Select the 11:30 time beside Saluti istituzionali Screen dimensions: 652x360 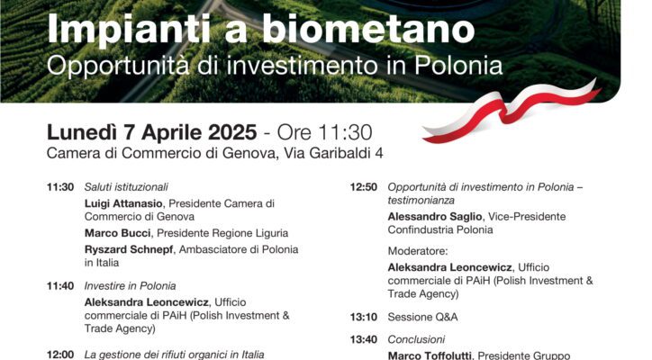pyautogui.click(x=60, y=187)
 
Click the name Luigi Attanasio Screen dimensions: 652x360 pyautogui.click(x=123, y=203)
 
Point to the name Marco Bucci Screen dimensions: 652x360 pyautogui.click(x=118, y=233)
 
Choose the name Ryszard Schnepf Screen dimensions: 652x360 pyautogui.click(x=129, y=249)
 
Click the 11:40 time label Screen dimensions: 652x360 pyautogui.click(x=60, y=286)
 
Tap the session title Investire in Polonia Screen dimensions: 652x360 pyautogui.click(x=131, y=286)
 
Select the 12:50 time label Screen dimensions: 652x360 pyautogui.click(x=364, y=187)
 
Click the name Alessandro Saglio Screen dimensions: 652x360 pyautogui.click(x=435, y=217)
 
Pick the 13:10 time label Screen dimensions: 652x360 pyautogui.click(x=364, y=317)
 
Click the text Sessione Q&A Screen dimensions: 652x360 pyautogui.click(x=423, y=317)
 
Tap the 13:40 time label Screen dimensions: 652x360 pyautogui.click(x=364, y=339)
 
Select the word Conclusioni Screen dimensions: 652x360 pyautogui.click(x=416, y=339)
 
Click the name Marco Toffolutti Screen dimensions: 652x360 pyautogui.click(x=430, y=355)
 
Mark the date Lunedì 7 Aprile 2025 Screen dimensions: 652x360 pyautogui.click(x=152, y=132)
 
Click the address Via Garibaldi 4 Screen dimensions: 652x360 pyautogui.click(x=333, y=153)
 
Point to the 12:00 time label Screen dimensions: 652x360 pyautogui.click(x=60, y=355)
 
